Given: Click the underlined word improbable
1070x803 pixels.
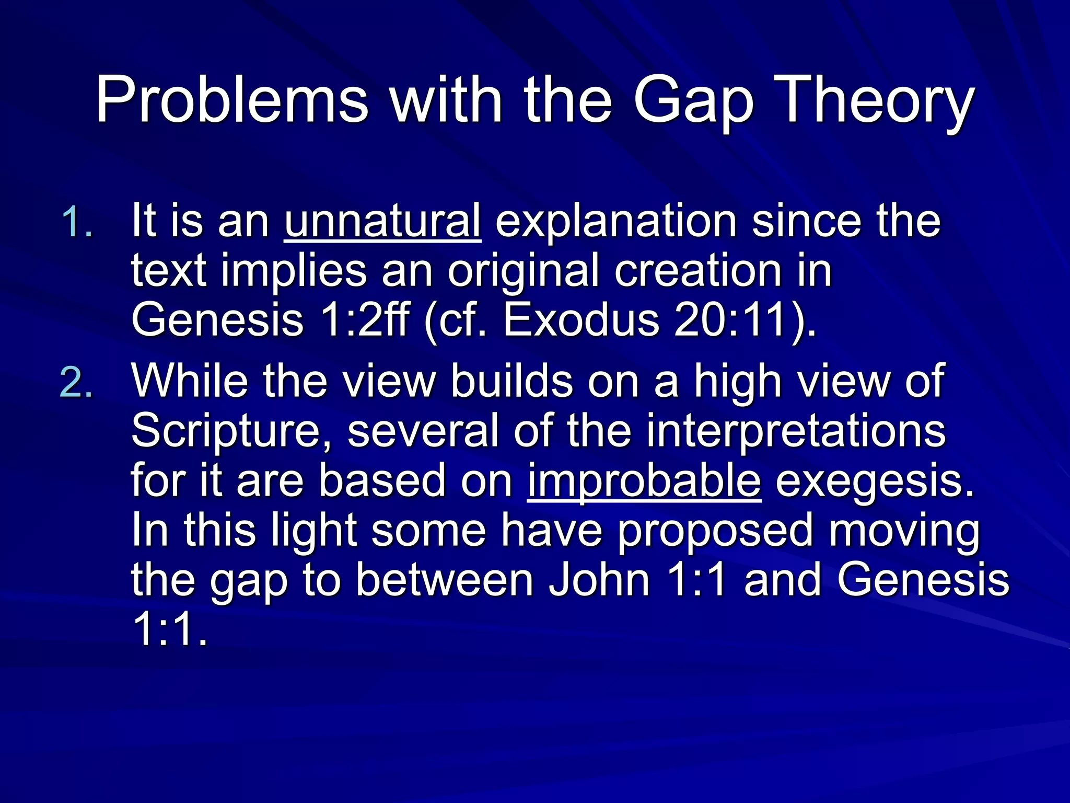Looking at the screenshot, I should (644, 481).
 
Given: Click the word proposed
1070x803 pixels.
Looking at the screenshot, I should (715, 530).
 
